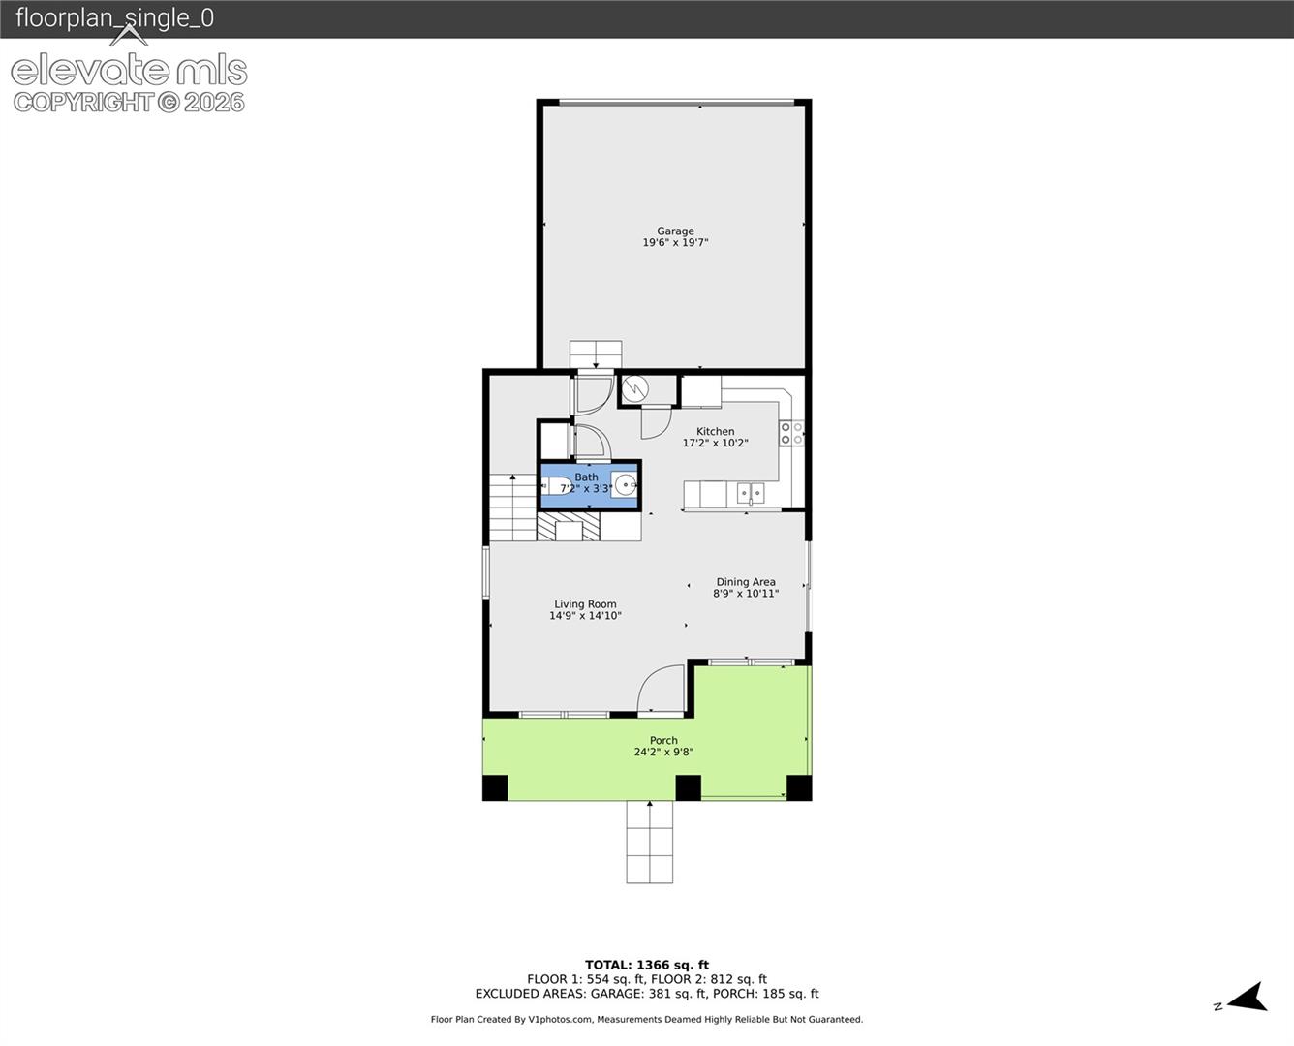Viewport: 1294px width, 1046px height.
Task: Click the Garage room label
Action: pyautogui.click(x=675, y=231)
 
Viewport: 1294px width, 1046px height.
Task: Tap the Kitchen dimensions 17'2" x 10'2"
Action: pyautogui.click(x=715, y=443)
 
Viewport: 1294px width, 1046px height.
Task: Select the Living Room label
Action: pyautogui.click(x=585, y=603)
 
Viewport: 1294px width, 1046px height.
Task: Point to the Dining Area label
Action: pyautogui.click(x=746, y=581)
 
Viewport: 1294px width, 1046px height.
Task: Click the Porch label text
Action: pyautogui.click(x=663, y=740)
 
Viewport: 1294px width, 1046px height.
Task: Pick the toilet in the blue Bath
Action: pyautogui.click(x=556, y=486)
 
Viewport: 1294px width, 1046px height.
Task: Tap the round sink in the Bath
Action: pyautogui.click(x=625, y=484)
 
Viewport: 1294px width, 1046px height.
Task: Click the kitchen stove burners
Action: pyautogui.click(x=791, y=433)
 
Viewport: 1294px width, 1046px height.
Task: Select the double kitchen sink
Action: pyautogui.click(x=751, y=493)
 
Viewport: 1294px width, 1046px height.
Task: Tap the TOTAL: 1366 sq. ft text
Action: pyautogui.click(x=646, y=965)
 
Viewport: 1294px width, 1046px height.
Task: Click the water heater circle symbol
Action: pyautogui.click(x=634, y=388)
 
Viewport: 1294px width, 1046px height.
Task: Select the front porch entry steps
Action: pyautogui.click(x=650, y=842)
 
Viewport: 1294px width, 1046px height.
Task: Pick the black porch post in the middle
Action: pyautogui.click(x=689, y=787)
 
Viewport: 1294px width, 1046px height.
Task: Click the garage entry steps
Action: pyautogui.click(x=596, y=354)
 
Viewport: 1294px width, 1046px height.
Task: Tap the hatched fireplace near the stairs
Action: pyautogui.click(x=568, y=526)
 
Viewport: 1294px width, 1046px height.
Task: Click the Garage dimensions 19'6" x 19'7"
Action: pyautogui.click(x=675, y=242)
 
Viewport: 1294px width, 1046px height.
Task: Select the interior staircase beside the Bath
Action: pyautogui.click(x=512, y=508)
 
